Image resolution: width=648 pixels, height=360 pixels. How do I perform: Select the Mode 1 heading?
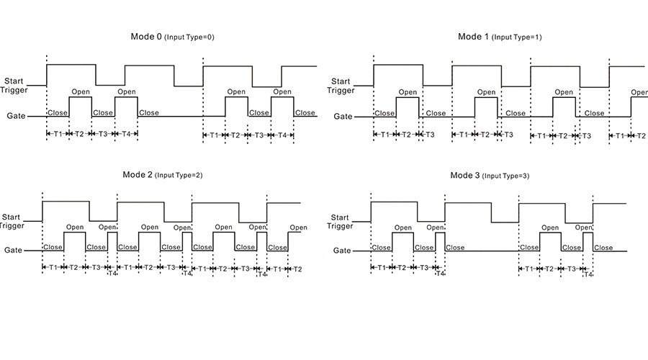473,36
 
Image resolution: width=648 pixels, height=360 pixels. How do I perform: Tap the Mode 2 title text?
138,175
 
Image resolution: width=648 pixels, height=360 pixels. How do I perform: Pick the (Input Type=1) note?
518,37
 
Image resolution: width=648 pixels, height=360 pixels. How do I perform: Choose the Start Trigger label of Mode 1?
341,86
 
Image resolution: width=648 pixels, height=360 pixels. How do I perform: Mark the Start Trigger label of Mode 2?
12,221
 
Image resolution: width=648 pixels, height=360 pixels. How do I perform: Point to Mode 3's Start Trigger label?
341,221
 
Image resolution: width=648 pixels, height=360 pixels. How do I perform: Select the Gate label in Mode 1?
343,116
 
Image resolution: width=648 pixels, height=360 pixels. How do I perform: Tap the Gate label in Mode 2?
14,251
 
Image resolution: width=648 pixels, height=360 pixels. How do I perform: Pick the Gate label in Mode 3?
341,251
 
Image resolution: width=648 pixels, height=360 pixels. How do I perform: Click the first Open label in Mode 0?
80,91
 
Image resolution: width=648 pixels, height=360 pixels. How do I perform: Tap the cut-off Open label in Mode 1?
639,92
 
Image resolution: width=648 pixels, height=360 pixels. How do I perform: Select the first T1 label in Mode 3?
381,268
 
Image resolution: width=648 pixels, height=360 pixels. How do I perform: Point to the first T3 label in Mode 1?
430,135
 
